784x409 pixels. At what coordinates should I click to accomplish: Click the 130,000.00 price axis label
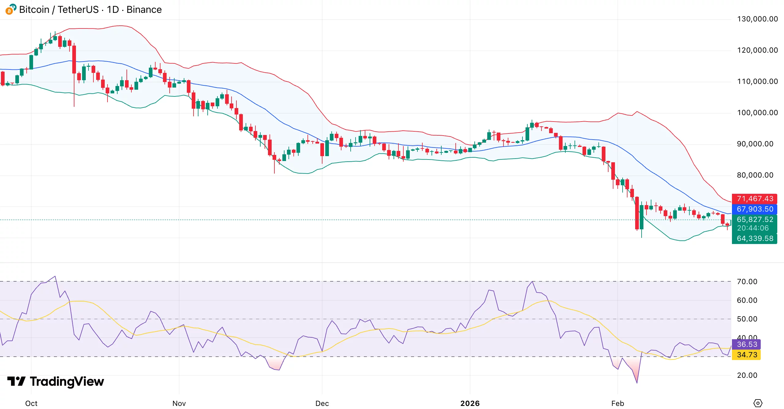coord(757,19)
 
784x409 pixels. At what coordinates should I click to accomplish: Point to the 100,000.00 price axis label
coord(757,113)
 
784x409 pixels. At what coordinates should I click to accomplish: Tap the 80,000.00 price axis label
coord(755,175)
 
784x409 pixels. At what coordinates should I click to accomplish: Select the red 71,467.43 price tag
coord(755,199)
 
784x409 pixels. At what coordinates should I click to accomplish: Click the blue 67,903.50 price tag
coord(755,209)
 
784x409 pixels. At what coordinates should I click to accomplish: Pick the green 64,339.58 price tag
coord(755,238)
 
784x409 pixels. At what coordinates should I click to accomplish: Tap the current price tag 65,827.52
coord(755,220)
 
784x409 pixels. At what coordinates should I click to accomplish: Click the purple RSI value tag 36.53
coord(747,344)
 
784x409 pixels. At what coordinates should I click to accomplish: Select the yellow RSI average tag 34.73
coord(747,355)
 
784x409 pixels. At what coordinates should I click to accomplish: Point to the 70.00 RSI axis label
coord(747,282)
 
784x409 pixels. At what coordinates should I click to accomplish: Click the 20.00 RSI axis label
coord(747,375)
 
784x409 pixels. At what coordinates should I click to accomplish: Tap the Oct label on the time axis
coord(31,403)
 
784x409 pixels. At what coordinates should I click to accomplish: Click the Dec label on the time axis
coord(322,403)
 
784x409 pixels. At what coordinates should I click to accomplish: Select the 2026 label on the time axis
coord(470,403)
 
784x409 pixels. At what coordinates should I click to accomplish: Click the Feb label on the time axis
coord(617,403)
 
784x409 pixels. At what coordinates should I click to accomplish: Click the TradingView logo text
coord(67,381)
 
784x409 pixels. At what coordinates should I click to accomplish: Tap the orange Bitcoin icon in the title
coord(9,11)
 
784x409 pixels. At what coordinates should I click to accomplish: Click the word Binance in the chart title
coord(144,9)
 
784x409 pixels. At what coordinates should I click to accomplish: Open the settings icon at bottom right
coord(758,403)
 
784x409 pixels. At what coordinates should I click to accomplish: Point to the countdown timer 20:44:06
coord(753,228)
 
